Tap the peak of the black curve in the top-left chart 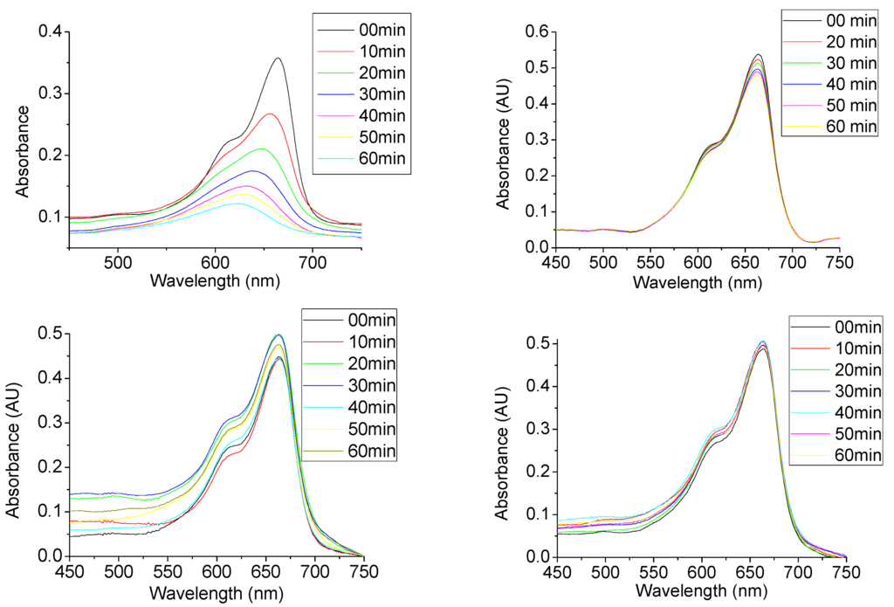pos(279,59)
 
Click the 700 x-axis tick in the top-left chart pos(313,262)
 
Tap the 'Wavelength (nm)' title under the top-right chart pos(698,283)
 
